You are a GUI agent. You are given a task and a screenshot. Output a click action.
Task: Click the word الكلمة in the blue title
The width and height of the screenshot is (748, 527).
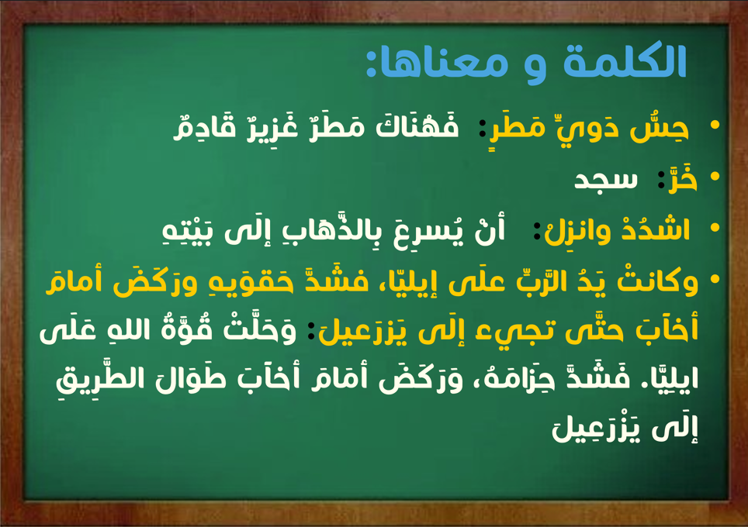625,61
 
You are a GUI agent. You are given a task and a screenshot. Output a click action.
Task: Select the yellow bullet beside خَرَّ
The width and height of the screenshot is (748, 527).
714,176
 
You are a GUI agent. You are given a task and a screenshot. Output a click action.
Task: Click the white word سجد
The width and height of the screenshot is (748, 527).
605,180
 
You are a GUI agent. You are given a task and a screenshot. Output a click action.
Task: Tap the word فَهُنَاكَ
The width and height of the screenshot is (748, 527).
417,126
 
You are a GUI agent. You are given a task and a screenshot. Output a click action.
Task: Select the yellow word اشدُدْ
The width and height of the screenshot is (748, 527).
656,229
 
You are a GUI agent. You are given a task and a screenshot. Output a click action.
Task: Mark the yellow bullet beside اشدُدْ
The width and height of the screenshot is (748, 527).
714,227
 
